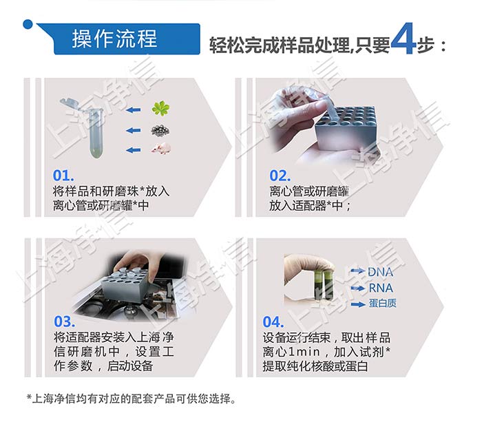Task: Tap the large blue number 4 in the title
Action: (x=402, y=42)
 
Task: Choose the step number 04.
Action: (x=273, y=322)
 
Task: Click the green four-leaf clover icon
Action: (x=160, y=108)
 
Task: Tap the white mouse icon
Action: (x=162, y=148)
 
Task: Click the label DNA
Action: (x=380, y=272)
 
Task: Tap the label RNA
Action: (x=380, y=288)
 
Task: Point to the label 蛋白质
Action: (x=382, y=304)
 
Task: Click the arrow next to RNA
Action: (x=357, y=288)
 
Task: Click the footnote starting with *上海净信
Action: (x=131, y=399)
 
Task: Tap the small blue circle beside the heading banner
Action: (x=28, y=25)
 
